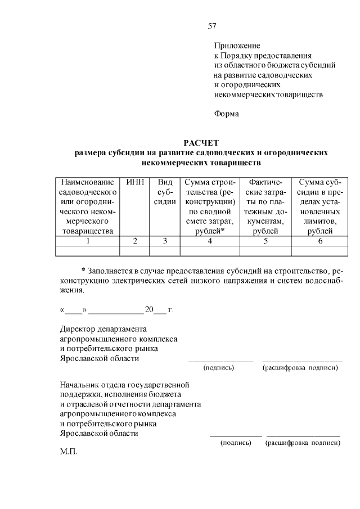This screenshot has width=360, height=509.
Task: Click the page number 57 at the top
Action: (x=212, y=26)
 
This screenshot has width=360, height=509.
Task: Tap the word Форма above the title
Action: (x=226, y=114)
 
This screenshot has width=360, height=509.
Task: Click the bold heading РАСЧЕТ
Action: (x=201, y=143)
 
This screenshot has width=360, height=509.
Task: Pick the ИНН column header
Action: (x=135, y=183)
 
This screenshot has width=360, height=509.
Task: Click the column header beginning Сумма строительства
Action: (x=209, y=206)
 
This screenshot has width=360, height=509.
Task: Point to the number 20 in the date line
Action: (x=149, y=310)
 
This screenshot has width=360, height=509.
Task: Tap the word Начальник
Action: (x=80, y=385)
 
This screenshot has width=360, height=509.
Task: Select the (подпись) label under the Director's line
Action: (x=218, y=368)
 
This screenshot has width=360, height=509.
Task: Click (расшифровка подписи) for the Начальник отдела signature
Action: (x=303, y=443)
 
